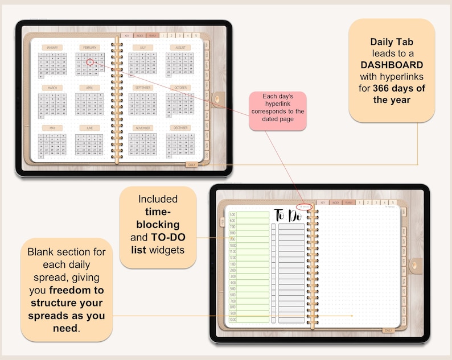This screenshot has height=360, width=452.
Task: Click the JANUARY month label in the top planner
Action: [52, 48]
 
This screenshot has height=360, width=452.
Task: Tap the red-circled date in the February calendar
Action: [90, 61]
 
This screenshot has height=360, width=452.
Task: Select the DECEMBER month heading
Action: [180, 129]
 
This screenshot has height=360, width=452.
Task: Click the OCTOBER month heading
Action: [180, 88]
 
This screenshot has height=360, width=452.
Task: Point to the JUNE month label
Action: [89, 129]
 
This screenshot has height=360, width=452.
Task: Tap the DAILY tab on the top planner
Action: [192, 164]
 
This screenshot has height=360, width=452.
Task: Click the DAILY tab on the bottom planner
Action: [388, 330]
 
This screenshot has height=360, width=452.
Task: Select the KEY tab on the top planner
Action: [127, 35]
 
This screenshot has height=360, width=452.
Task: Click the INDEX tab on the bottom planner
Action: [335, 202]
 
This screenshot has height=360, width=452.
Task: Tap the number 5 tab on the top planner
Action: [195, 35]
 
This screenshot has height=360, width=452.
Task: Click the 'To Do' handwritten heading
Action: [288, 216]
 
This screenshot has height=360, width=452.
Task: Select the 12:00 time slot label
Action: [233, 258]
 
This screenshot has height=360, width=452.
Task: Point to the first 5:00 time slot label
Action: [233, 214]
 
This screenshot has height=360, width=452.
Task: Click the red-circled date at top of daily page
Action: [304, 207]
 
